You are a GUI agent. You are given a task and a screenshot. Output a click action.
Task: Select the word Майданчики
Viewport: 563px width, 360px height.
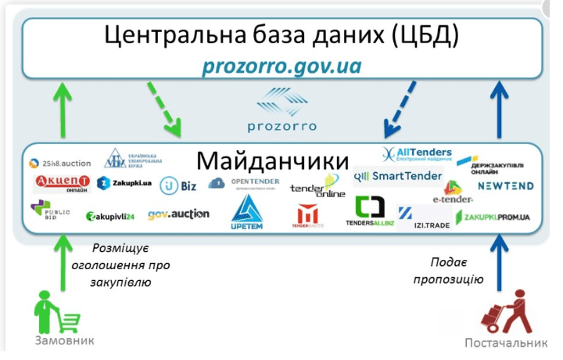click(272, 160)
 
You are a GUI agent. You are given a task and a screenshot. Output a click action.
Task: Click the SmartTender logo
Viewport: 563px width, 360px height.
click(398, 177)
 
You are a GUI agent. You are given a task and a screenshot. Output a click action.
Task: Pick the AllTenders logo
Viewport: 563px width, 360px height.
click(416, 153)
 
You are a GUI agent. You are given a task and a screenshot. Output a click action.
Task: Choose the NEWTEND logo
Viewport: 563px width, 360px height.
click(505, 186)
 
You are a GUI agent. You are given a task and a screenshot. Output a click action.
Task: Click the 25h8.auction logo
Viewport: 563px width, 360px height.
click(60, 164)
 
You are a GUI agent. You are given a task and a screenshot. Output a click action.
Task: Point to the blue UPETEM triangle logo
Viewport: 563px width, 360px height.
click(249, 211)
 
